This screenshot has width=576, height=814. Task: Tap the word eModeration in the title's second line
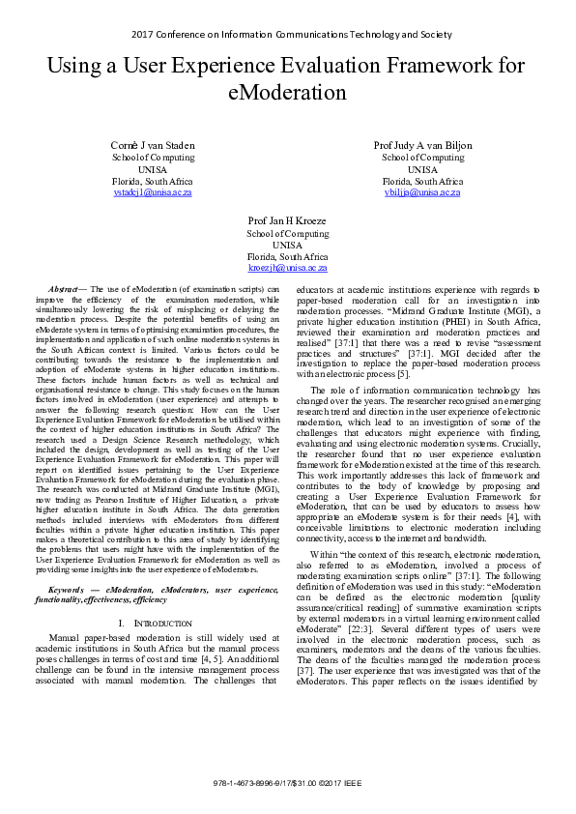click(x=288, y=93)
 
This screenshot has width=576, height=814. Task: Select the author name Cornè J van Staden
click(x=153, y=145)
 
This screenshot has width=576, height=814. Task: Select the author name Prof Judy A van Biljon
click(x=422, y=145)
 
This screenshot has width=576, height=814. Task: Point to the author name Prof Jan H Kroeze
click(x=287, y=220)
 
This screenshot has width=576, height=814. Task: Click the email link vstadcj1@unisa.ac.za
click(x=153, y=192)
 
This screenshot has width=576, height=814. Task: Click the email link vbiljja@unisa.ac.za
click(x=422, y=192)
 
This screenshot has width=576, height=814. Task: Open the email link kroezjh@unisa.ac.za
click(x=287, y=268)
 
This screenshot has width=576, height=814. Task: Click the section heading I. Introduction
click(x=153, y=623)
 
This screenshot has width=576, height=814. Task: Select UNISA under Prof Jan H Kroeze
click(x=287, y=245)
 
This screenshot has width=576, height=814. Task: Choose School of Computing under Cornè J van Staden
click(x=153, y=157)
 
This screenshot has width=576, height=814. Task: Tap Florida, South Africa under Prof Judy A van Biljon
click(x=422, y=181)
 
